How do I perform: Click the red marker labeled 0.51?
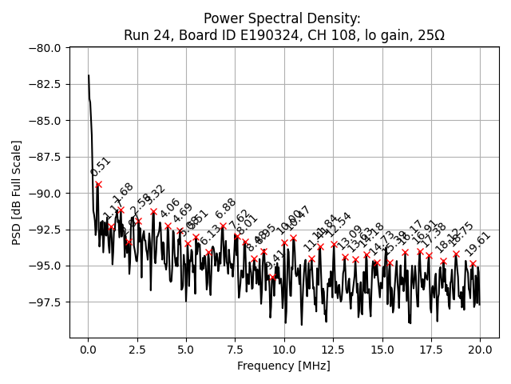pyautogui.click(x=98, y=184)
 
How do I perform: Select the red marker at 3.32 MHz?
pyautogui.click(x=153, y=212)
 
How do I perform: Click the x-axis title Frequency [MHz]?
pyautogui.click(x=283, y=366)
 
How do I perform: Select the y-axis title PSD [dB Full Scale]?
pyautogui.click(x=17, y=192)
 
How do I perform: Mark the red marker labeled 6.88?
pyautogui.click(x=223, y=226)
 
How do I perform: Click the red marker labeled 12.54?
pyautogui.click(x=334, y=244)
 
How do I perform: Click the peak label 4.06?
pyautogui.click(x=170, y=209)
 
